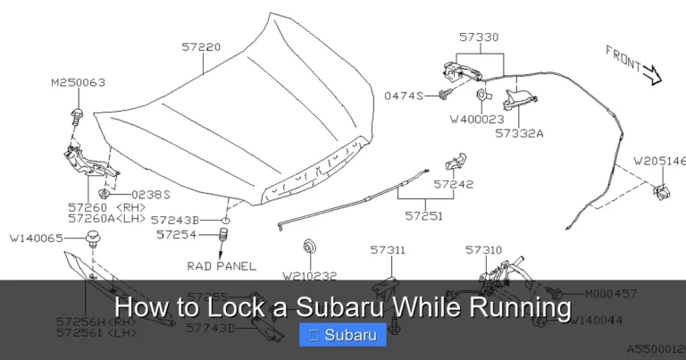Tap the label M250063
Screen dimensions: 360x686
pos(78,82)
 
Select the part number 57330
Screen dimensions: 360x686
pos(479,38)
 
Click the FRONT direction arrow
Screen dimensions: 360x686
pos(633,64)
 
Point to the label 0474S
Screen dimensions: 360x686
pos(404,95)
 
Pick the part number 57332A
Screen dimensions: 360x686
pos(520,131)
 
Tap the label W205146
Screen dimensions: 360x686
pos(659,162)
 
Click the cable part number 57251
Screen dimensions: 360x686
pos(424,214)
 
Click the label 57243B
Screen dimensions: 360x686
pos(175,219)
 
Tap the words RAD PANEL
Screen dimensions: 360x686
pos(222,265)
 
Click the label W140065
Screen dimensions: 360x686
pos(37,239)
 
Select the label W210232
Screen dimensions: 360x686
pos(309,275)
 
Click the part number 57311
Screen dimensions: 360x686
pos(389,251)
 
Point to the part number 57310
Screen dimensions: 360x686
pos(483,251)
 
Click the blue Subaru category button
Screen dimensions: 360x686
pos(343,335)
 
